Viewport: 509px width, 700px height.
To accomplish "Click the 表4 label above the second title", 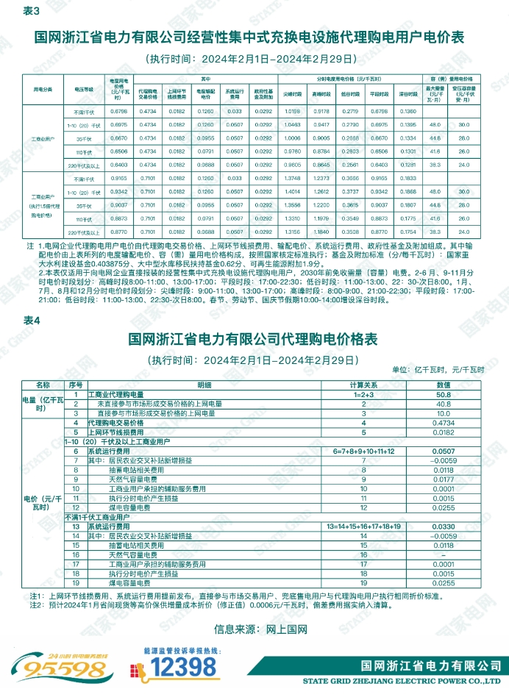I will (32, 321).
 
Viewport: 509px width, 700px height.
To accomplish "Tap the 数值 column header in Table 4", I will (444, 385).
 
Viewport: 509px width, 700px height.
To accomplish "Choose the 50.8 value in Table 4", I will (444, 395).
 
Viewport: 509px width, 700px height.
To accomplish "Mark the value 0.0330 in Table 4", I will (444, 527).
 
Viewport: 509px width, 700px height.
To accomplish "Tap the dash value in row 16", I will (444, 554).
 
